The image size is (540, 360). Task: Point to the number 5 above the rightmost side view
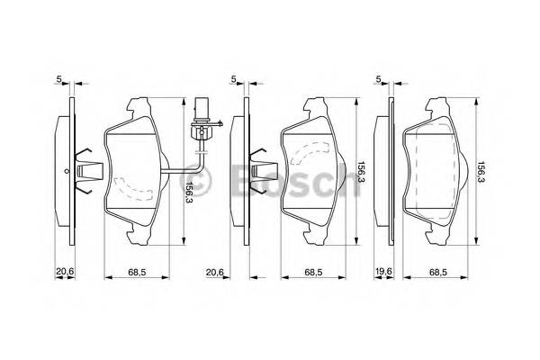pos(381,80)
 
